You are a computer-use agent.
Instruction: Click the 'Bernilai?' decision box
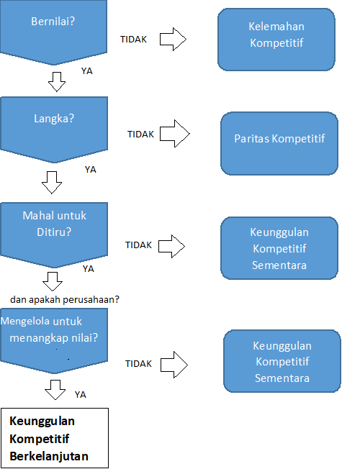point(53,32)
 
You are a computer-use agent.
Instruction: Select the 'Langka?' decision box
point(54,129)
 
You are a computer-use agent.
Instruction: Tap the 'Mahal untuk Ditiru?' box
point(54,234)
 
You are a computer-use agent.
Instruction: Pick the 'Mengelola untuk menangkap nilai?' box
point(54,341)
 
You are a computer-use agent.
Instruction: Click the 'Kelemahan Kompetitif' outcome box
point(276,40)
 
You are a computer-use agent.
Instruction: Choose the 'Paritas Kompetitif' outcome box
point(279,143)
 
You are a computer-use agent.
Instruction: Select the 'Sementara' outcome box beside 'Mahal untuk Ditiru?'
point(279,248)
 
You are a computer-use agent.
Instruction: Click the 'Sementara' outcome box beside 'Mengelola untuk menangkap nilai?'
point(282,361)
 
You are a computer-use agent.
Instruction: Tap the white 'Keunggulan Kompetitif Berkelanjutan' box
point(55,438)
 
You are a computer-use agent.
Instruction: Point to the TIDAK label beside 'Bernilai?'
point(134,40)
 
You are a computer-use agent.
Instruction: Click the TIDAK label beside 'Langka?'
point(140,135)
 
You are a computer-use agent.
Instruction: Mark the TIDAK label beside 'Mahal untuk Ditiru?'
point(138,245)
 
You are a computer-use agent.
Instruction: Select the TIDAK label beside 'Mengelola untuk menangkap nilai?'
point(138,364)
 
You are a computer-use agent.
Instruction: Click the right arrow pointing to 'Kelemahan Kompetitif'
point(173,39)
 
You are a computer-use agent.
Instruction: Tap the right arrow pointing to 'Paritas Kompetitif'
point(175,134)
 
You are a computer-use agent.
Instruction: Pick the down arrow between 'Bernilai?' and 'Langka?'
point(57,82)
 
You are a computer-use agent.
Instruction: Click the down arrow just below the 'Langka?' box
point(52,183)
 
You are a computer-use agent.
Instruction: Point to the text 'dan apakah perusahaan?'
point(65,299)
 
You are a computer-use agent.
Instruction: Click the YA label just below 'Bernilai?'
point(87,71)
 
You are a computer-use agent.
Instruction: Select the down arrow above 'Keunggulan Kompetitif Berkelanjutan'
point(55,390)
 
